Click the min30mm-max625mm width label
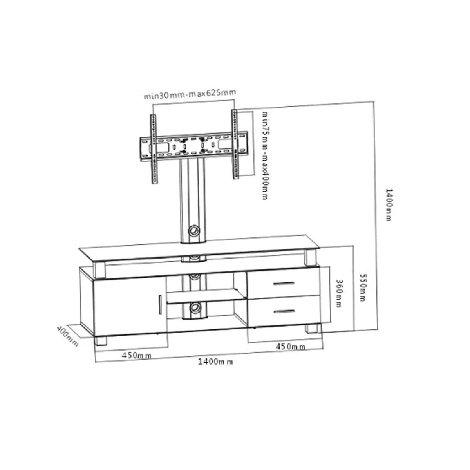point(190,94)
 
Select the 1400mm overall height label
point(388,204)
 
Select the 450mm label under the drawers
point(291,347)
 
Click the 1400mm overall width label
point(215,362)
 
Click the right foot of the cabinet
point(311,328)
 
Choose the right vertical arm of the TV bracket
point(235,145)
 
